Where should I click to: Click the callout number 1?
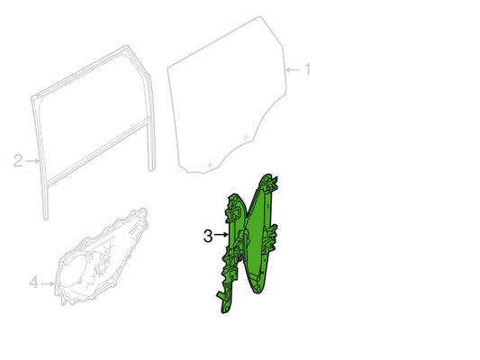click(307, 69)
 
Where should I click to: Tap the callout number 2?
click(18, 160)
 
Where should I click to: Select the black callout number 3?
click(208, 236)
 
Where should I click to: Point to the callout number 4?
click(34, 283)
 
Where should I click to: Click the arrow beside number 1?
click(292, 70)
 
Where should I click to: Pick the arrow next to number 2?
click(32, 160)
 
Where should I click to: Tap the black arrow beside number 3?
click(222, 235)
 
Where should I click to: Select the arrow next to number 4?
click(48, 283)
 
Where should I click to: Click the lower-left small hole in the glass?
click(210, 166)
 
